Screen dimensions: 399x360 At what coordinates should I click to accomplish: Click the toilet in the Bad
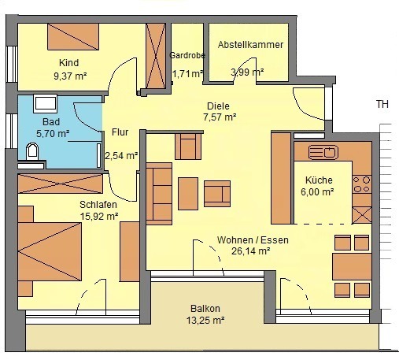[x=32, y=151]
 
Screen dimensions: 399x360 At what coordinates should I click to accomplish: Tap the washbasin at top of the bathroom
[x=45, y=103]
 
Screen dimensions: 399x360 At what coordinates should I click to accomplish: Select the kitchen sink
[x=323, y=152]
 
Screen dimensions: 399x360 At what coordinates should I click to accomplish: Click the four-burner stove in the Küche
[x=362, y=184]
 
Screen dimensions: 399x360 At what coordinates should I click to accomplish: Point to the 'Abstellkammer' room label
[x=250, y=45]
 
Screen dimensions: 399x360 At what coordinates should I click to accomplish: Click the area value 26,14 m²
[x=250, y=251]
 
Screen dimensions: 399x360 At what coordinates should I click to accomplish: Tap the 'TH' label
[x=382, y=104]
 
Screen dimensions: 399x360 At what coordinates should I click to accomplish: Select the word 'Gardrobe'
[x=187, y=55]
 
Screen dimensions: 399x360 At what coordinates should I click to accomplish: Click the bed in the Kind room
[x=73, y=37]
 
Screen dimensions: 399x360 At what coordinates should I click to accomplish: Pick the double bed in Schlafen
[x=50, y=251]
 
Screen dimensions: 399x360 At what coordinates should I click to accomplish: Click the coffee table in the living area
[x=188, y=194]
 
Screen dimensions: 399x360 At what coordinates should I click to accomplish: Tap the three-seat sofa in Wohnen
[x=159, y=194]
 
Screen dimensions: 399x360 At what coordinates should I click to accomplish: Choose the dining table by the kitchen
[x=352, y=266]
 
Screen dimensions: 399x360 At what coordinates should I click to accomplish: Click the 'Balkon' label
[x=205, y=309]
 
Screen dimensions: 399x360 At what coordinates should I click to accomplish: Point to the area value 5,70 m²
[x=53, y=134]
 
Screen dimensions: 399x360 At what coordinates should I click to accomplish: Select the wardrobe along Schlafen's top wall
[x=61, y=184]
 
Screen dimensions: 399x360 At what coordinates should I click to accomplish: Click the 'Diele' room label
[x=218, y=106]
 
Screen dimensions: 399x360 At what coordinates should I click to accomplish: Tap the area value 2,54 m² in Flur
[x=121, y=156]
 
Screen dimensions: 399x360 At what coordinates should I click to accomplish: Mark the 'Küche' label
[x=319, y=180]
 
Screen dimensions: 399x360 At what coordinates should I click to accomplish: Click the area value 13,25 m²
[x=205, y=321]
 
